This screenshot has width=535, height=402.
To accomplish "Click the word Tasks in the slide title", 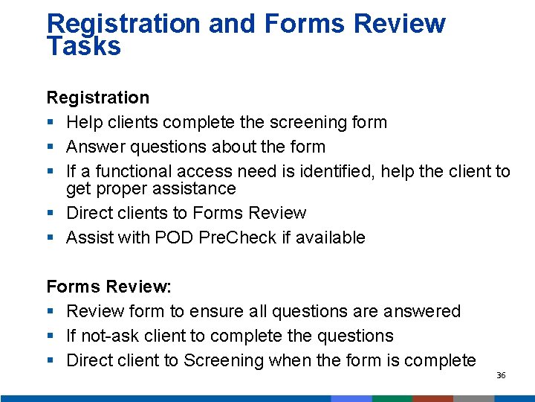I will coord(83,46).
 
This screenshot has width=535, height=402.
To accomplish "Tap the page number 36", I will coord(501,375).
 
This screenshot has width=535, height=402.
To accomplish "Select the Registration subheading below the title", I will coord(97,98).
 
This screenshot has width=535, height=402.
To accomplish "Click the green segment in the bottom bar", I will coord(392,398).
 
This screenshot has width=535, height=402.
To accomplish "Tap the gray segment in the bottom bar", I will coord(473,398).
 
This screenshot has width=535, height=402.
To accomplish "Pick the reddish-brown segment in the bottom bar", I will coord(432,398).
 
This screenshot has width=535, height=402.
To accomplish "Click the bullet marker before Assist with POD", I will coord(50,238).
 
